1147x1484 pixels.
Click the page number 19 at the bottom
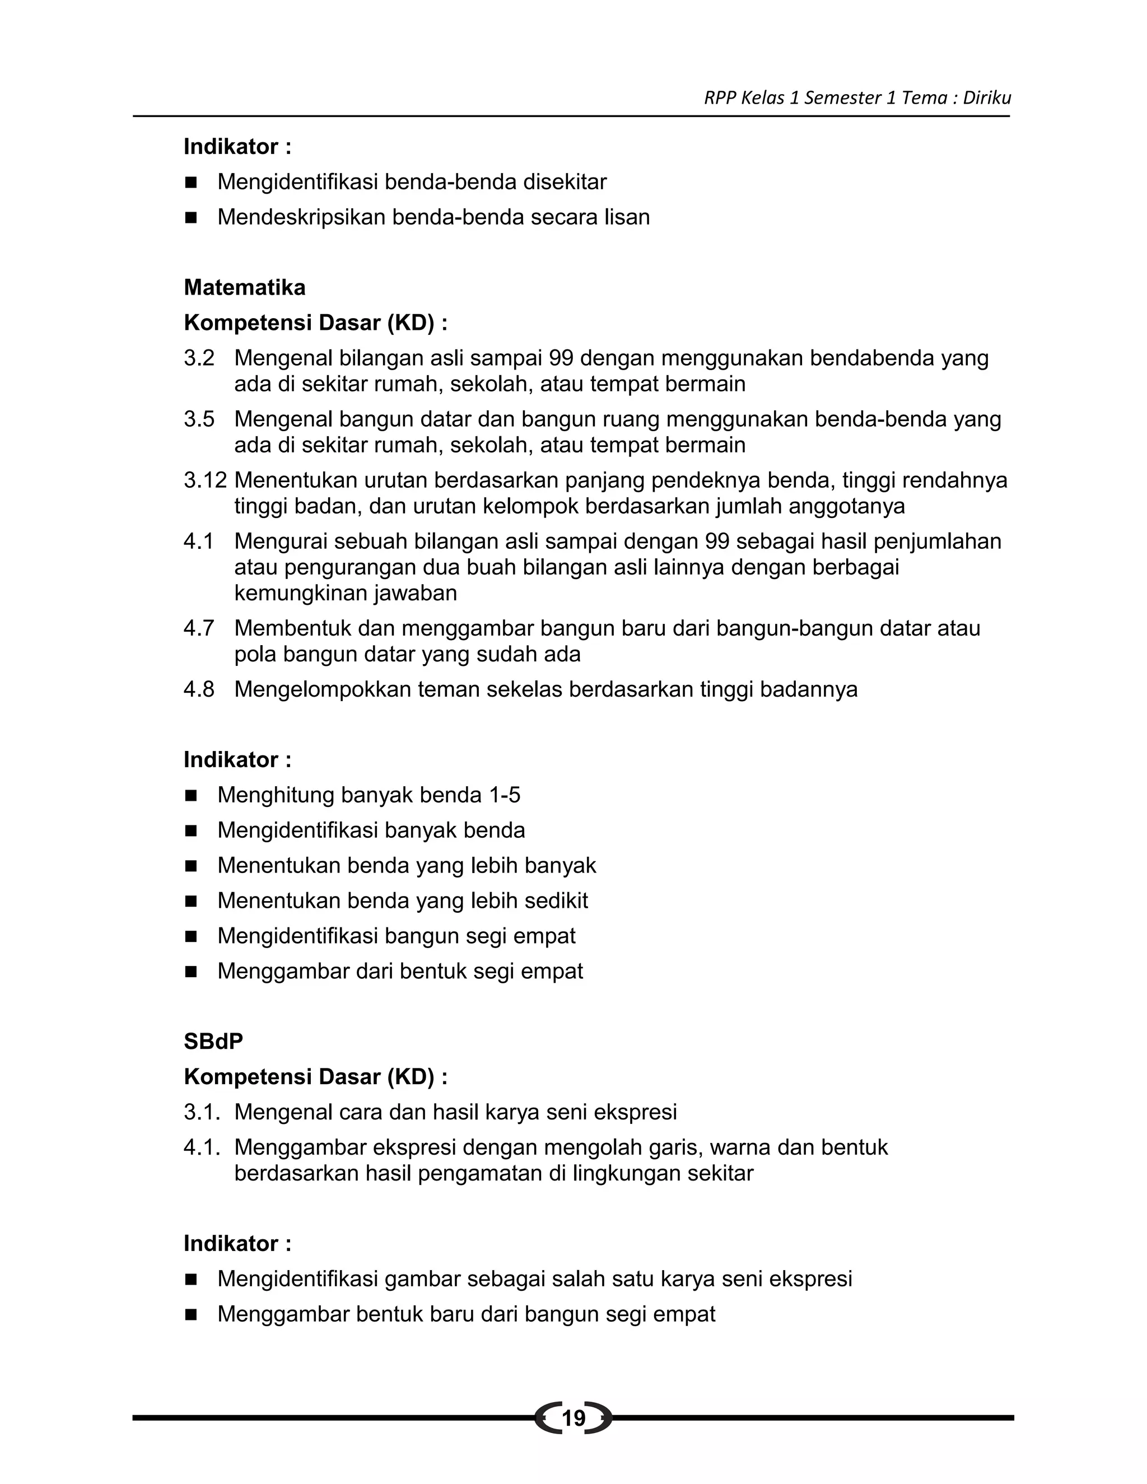tap(573, 1418)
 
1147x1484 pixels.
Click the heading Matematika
tap(245, 287)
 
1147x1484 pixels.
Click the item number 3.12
tap(205, 480)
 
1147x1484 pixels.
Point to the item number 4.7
tap(198, 628)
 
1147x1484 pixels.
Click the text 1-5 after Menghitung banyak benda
tap(504, 795)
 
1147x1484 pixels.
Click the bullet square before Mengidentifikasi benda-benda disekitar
tap(191, 182)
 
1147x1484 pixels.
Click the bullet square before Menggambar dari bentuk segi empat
tap(191, 972)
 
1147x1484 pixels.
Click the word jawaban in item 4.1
tap(413, 593)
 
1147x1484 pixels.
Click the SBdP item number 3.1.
tap(202, 1112)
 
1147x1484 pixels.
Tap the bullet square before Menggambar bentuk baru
tap(191, 1314)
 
